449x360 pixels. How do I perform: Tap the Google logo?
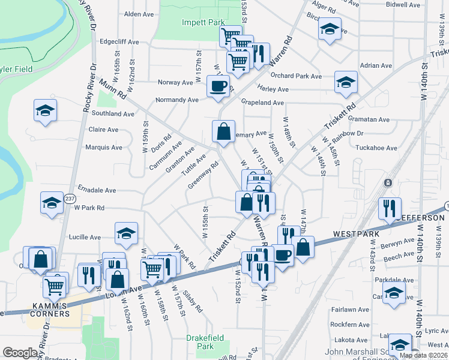point(20,353)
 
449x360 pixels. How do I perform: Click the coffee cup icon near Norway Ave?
point(218,86)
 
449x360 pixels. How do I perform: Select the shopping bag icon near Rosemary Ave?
point(223,131)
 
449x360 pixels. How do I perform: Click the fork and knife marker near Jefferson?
point(390,208)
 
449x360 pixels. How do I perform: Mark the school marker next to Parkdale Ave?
point(393,293)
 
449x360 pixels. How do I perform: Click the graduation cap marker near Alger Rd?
point(330,28)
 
